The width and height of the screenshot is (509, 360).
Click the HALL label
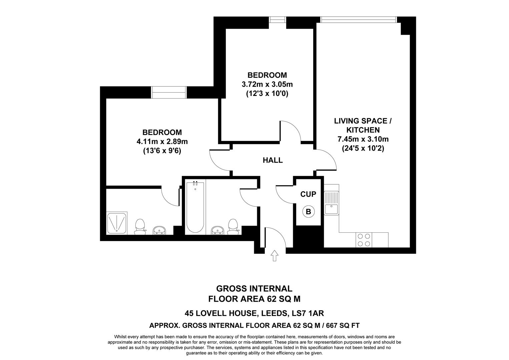pyautogui.click(x=273, y=160)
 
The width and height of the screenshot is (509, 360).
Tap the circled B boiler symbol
pyautogui.click(x=308, y=211)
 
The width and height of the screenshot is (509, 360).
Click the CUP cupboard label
pyautogui.click(x=308, y=194)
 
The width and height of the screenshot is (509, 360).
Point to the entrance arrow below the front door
pyautogui.click(x=274, y=255)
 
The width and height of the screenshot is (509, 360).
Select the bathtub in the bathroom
pyautogui.click(x=195, y=207)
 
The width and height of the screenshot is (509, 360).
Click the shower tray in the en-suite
pyautogui.click(x=117, y=222)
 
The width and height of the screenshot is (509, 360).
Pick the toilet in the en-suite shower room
pyautogui.click(x=139, y=226)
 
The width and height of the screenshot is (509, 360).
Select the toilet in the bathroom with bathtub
pyautogui.click(x=232, y=226)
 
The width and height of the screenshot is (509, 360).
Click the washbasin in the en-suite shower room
pyautogui.click(x=159, y=230)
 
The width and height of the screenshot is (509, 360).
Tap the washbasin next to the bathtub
pyautogui.click(x=218, y=230)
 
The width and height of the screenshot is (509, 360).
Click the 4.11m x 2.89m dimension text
pyautogui.click(x=162, y=142)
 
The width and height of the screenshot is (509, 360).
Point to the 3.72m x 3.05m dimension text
pyautogui.click(x=267, y=84)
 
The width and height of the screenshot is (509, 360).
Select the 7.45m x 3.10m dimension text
pyautogui.click(x=363, y=139)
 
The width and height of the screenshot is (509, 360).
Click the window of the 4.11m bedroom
pyautogui.click(x=168, y=92)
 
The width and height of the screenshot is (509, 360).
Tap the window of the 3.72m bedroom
pyautogui.click(x=278, y=20)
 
